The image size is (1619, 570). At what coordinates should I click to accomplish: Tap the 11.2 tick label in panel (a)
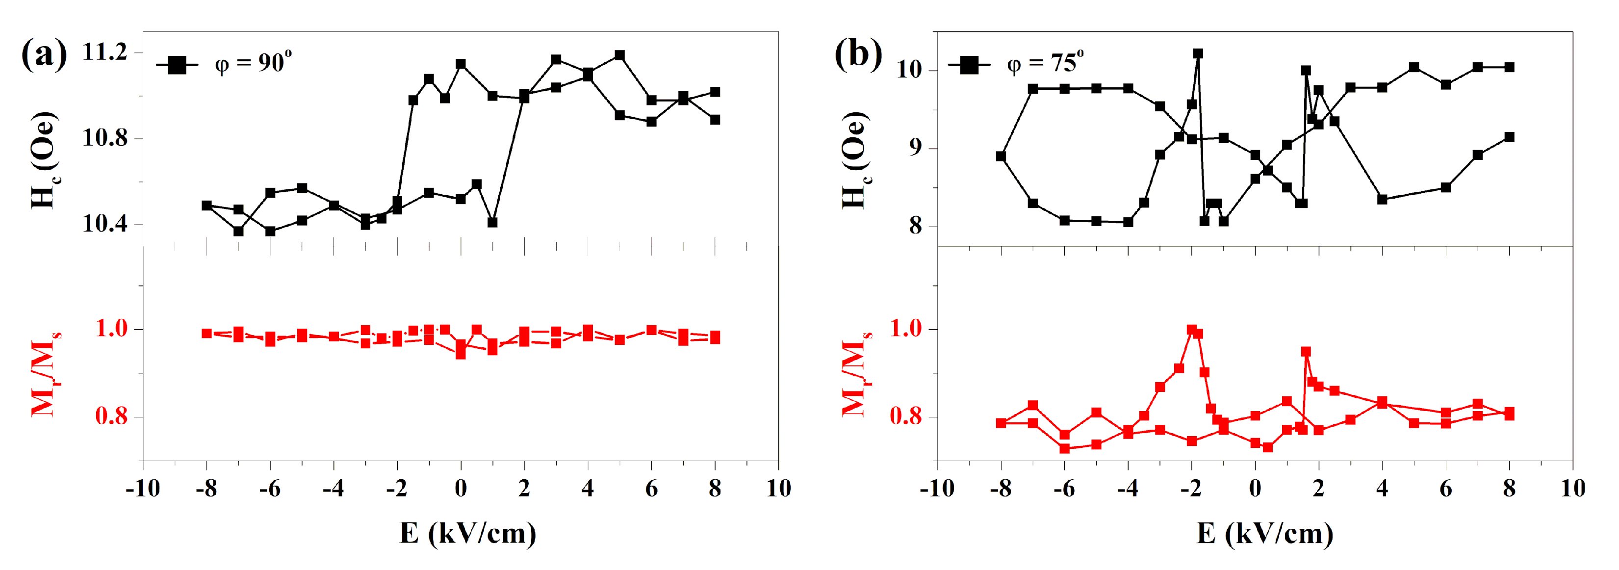[104, 52]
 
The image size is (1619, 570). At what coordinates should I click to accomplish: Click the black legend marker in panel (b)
[969, 65]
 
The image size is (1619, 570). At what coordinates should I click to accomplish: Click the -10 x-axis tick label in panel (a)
[143, 488]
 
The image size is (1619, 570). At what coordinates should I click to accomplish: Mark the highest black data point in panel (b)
[1198, 54]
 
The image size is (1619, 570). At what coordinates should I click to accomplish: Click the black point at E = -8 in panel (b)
[1001, 156]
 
